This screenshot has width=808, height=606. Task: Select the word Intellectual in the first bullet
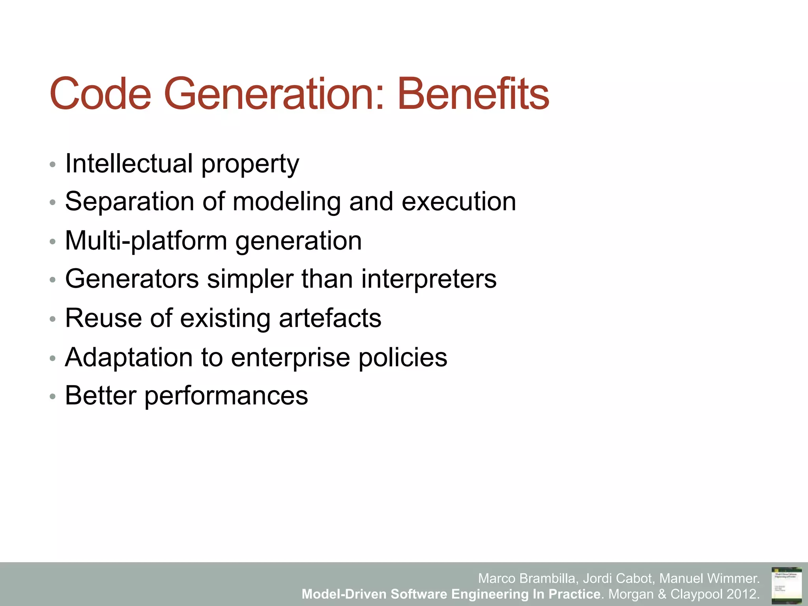(129, 163)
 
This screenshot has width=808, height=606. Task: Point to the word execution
(458, 202)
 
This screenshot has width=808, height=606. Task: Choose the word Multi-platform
(146, 241)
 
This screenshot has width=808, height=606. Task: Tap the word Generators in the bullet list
(132, 279)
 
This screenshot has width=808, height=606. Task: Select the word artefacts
(330, 318)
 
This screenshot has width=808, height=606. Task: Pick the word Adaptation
(129, 357)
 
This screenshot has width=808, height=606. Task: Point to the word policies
(402, 357)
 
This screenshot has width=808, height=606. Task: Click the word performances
(226, 396)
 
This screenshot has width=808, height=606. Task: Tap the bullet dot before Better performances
(52, 397)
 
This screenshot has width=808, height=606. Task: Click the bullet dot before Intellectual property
(52, 165)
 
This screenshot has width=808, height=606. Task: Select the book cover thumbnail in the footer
(786, 585)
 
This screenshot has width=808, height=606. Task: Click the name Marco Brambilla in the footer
(528, 579)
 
